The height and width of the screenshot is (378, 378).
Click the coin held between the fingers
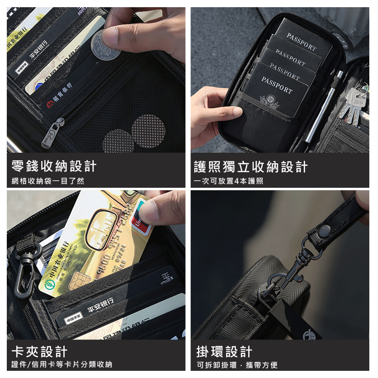coord(106,45)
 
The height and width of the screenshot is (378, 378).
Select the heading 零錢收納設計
coord(54,166)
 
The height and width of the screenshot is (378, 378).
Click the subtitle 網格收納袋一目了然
coord(48,181)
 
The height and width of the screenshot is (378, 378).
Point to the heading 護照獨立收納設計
coord(251,166)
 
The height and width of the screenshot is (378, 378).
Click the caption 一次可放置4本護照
coord(228,181)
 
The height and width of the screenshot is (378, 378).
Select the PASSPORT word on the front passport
coord(277,85)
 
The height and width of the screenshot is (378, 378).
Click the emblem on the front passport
coord(270,102)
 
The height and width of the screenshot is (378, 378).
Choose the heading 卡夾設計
coord(39,352)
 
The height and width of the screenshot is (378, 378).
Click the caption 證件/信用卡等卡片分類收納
coord(62,365)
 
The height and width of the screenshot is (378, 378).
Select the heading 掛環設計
coord(224,352)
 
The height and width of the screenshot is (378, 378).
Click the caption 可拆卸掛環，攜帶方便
coord(237,365)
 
